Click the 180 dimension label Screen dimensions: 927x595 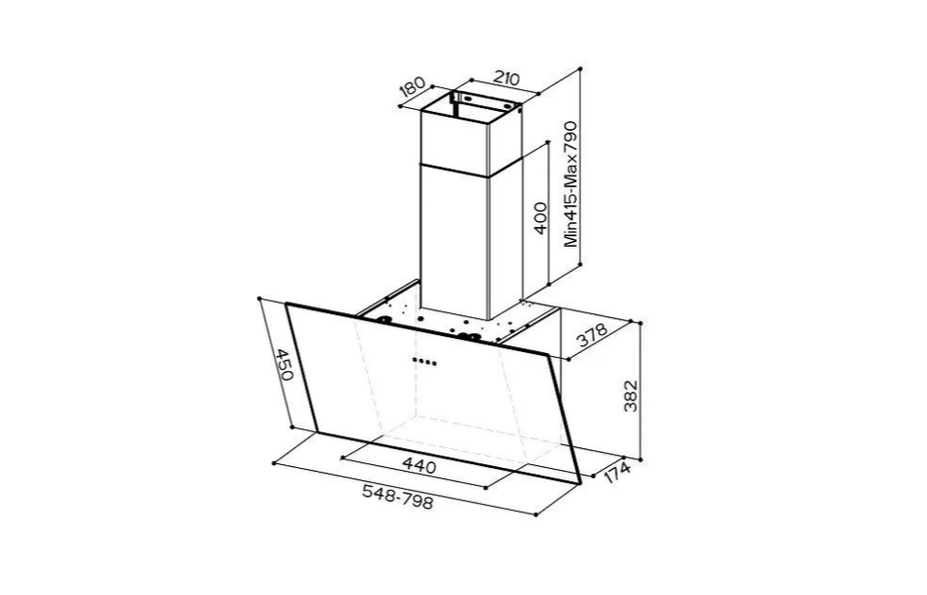(412, 86)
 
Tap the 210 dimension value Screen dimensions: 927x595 (506, 78)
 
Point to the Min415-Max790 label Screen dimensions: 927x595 (570, 183)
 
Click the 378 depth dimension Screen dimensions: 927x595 (592, 335)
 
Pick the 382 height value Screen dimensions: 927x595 (631, 395)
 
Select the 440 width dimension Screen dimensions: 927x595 (419, 466)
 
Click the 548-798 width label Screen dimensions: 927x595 (398, 497)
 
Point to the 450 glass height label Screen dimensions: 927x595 (284, 365)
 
